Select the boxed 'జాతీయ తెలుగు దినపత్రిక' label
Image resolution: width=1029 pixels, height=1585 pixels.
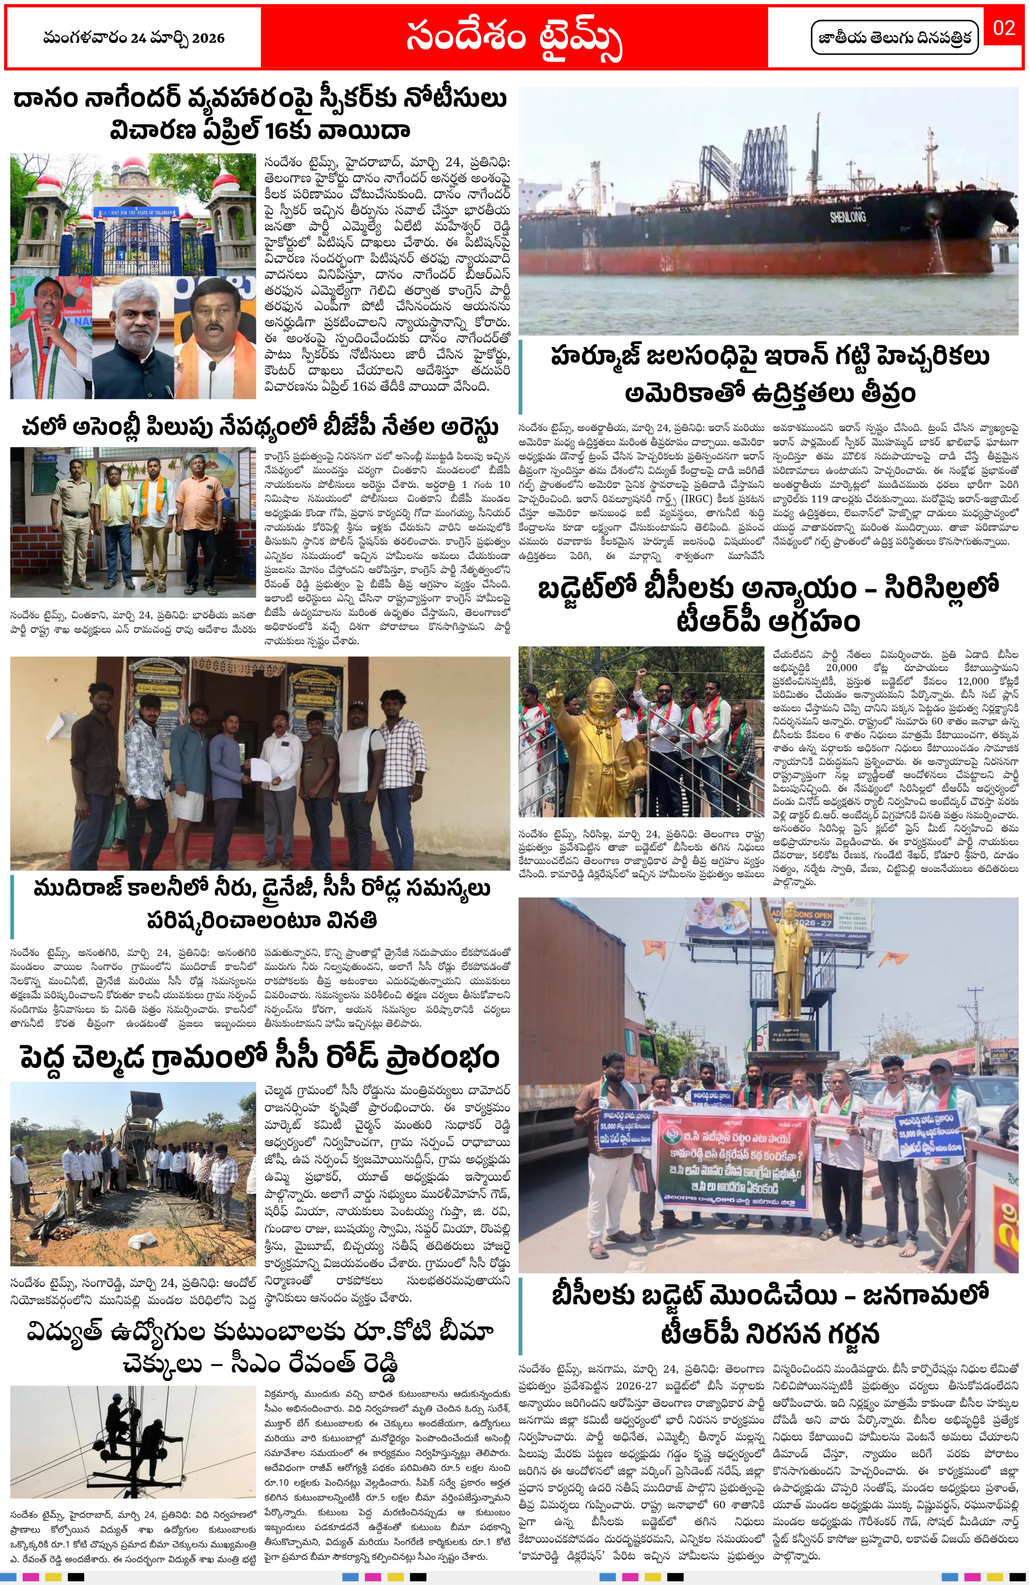pos(895,38)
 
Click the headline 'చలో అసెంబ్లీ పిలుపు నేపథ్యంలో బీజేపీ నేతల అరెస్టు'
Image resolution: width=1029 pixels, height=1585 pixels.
pos(260,427)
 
